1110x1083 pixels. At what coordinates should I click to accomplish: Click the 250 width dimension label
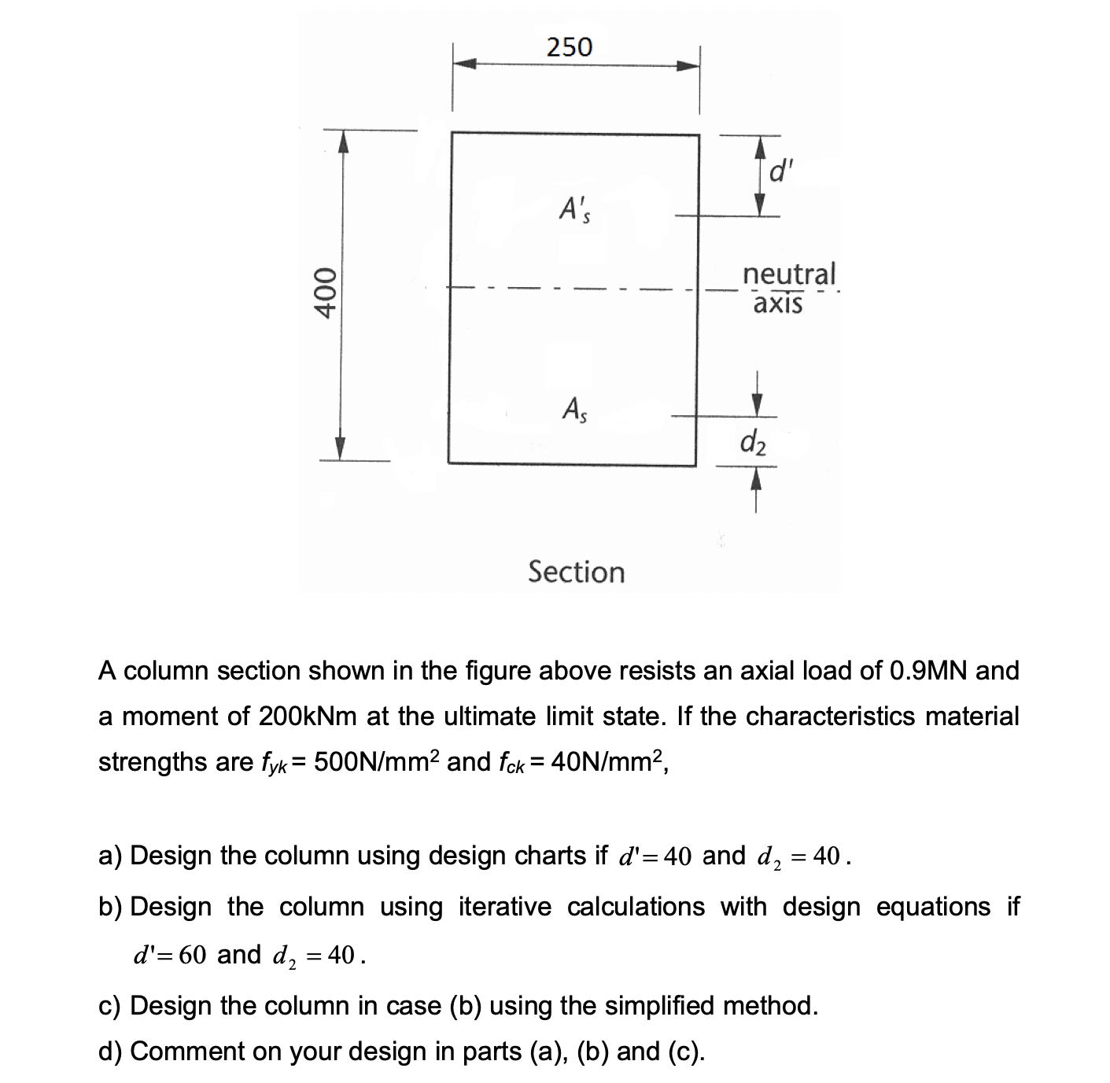570,47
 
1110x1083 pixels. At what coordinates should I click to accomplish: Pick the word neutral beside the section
789,274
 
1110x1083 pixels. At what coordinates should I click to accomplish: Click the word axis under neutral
777,304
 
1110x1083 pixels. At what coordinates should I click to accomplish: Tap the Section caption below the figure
576,572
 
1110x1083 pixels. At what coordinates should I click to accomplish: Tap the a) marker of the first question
110,855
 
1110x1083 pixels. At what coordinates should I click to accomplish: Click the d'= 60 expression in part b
169,955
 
